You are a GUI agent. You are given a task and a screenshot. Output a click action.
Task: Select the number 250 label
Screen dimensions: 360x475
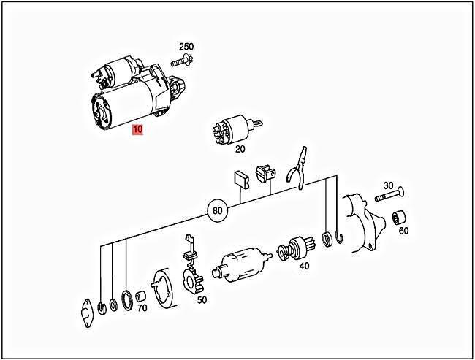[186, 47]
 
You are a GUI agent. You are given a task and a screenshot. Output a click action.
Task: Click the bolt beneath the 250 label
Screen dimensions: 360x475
[181, 62]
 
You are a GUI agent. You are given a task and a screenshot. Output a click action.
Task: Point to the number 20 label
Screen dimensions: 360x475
[240, 150]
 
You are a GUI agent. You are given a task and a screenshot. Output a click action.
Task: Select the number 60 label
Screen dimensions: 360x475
[404, 231]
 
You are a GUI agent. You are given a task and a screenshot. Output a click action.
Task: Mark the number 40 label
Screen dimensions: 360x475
[304, 266]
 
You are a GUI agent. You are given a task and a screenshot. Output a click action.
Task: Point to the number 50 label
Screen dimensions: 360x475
[201, 300]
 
